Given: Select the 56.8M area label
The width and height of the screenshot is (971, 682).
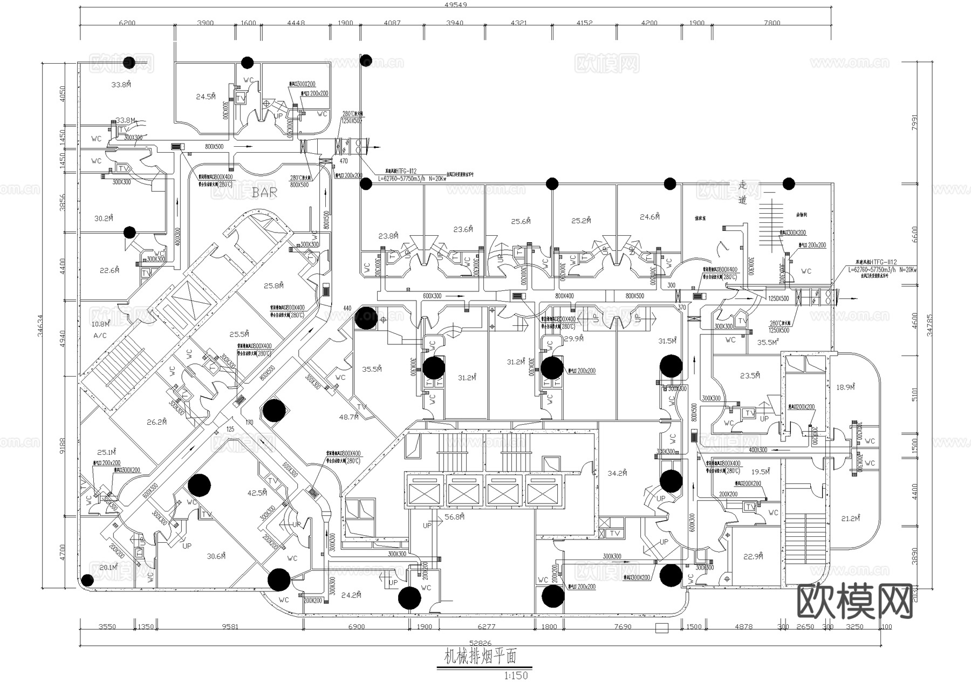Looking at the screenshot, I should [x=455, y=517].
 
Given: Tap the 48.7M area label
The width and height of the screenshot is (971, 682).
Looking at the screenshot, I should [x=348, y=417].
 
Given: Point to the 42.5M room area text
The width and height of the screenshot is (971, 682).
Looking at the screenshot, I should [x=257, y=493].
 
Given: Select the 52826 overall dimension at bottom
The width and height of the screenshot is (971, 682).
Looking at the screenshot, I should [x=480, y=643].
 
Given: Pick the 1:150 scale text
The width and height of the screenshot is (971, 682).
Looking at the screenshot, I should [x=516, y=676].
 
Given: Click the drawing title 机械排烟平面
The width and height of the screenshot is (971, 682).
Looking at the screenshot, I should [x=480, y=657].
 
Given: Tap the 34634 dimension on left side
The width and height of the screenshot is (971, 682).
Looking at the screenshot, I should [x=40, y=325].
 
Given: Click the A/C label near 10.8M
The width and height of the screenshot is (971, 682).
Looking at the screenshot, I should [x=100, y=336].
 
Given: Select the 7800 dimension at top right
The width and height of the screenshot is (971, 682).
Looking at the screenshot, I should [x=772, y=23].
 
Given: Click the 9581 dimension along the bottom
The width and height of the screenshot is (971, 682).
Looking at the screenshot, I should [x=230, y=627].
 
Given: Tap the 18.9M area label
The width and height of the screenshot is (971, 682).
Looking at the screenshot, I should [x=845, y=387].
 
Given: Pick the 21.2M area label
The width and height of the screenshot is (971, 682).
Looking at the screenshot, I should [x=850, y=519].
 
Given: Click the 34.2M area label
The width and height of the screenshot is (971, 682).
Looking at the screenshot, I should [x=617, y=474].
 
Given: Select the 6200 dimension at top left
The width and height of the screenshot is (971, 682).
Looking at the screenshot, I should [x=127, y=23].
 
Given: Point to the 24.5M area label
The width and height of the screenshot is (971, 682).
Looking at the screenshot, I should [x=206, y=97].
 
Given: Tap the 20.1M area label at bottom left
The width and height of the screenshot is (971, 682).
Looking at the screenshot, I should [x=108, y=567].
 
